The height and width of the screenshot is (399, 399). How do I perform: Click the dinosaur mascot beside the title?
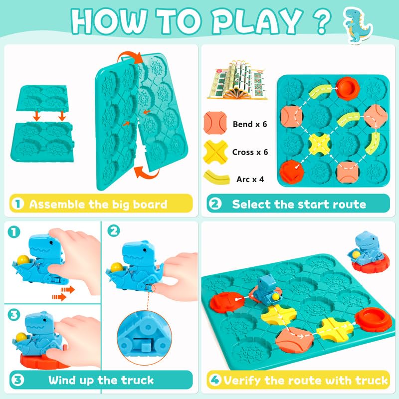point(358,25)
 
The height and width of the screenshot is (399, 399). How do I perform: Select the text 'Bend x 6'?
point(250,124)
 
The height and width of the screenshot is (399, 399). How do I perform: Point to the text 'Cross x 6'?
point(250,152)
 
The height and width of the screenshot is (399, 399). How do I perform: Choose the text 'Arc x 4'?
point(250,179)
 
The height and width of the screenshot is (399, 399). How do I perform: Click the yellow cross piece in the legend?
point(215,152)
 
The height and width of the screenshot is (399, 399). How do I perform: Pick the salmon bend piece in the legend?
point(215,123)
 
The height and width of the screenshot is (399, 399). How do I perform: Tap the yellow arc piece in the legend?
point(216,177)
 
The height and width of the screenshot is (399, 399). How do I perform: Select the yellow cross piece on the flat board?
point(320,145)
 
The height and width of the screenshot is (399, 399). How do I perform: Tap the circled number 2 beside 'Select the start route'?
point(215,203)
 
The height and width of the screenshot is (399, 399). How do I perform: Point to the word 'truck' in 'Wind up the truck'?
point(137,380)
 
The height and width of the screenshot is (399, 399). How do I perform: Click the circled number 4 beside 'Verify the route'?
point(215,380)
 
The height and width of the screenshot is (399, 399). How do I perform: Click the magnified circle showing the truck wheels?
point(144,338)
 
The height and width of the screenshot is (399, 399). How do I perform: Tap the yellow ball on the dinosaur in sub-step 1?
point(23,260)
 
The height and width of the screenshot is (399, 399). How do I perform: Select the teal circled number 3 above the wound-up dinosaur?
point(13,315)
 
